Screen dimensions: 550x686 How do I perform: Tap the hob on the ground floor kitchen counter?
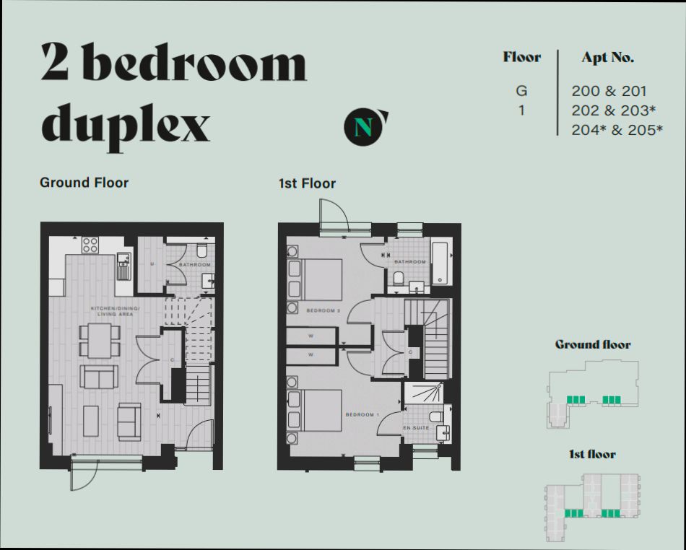click(x=90, y=245)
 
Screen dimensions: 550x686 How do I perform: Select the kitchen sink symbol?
click(x=123, y=265)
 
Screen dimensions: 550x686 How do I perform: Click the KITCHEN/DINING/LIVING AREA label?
click(x=116, y=312)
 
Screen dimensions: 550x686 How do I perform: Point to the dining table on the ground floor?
click(x=100, y=340)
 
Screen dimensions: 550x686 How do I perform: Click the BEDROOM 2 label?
click(x=322, y=310)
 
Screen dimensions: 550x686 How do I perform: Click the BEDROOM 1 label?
click(x=361, y=414)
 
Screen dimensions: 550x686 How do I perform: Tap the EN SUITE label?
click(x=417, y=428)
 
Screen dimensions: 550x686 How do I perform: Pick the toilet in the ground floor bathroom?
click(x=202, y=250)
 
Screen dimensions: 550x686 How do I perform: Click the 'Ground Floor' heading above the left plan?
click(x=84, y=183)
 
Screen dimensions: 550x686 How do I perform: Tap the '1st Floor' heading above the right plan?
click(x=307, y=183)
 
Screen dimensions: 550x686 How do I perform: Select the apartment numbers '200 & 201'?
click(x=609, y=92)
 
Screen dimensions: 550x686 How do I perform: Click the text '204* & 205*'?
click(x=617, y=130)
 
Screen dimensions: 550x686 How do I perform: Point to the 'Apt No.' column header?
click(x=607, y=58)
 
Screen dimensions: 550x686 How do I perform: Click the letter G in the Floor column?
click(x=521, y=92)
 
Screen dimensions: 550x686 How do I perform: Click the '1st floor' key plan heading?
click(x=591, y=454)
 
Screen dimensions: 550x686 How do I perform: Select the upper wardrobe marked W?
click(x=311, y=336)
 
